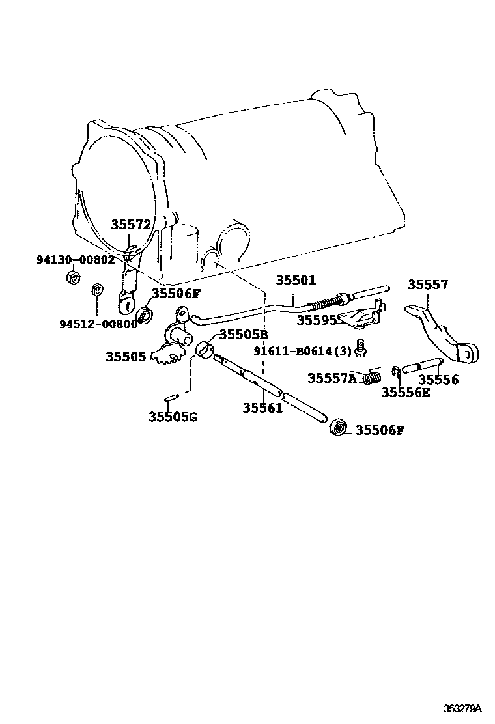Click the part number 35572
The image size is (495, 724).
[x=131, y=225]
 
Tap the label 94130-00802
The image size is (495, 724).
[x=75, y=259]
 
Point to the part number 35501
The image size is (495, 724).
[x=295, y=281]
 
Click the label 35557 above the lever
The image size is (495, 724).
[x=428, y=285]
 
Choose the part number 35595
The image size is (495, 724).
[x=317, y=320]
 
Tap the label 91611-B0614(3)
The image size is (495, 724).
[x=302, y=351]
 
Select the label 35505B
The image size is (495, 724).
[x=244, y=335]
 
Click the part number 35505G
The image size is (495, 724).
[x=172, y=417]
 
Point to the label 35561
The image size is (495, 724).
[x=262, y=408]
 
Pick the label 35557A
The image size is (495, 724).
[x=332, y=378]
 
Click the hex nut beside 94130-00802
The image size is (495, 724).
[x=74, y=277]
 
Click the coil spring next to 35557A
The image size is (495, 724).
[x=373, y=376]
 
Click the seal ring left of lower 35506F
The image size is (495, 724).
[x=338, y=428]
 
